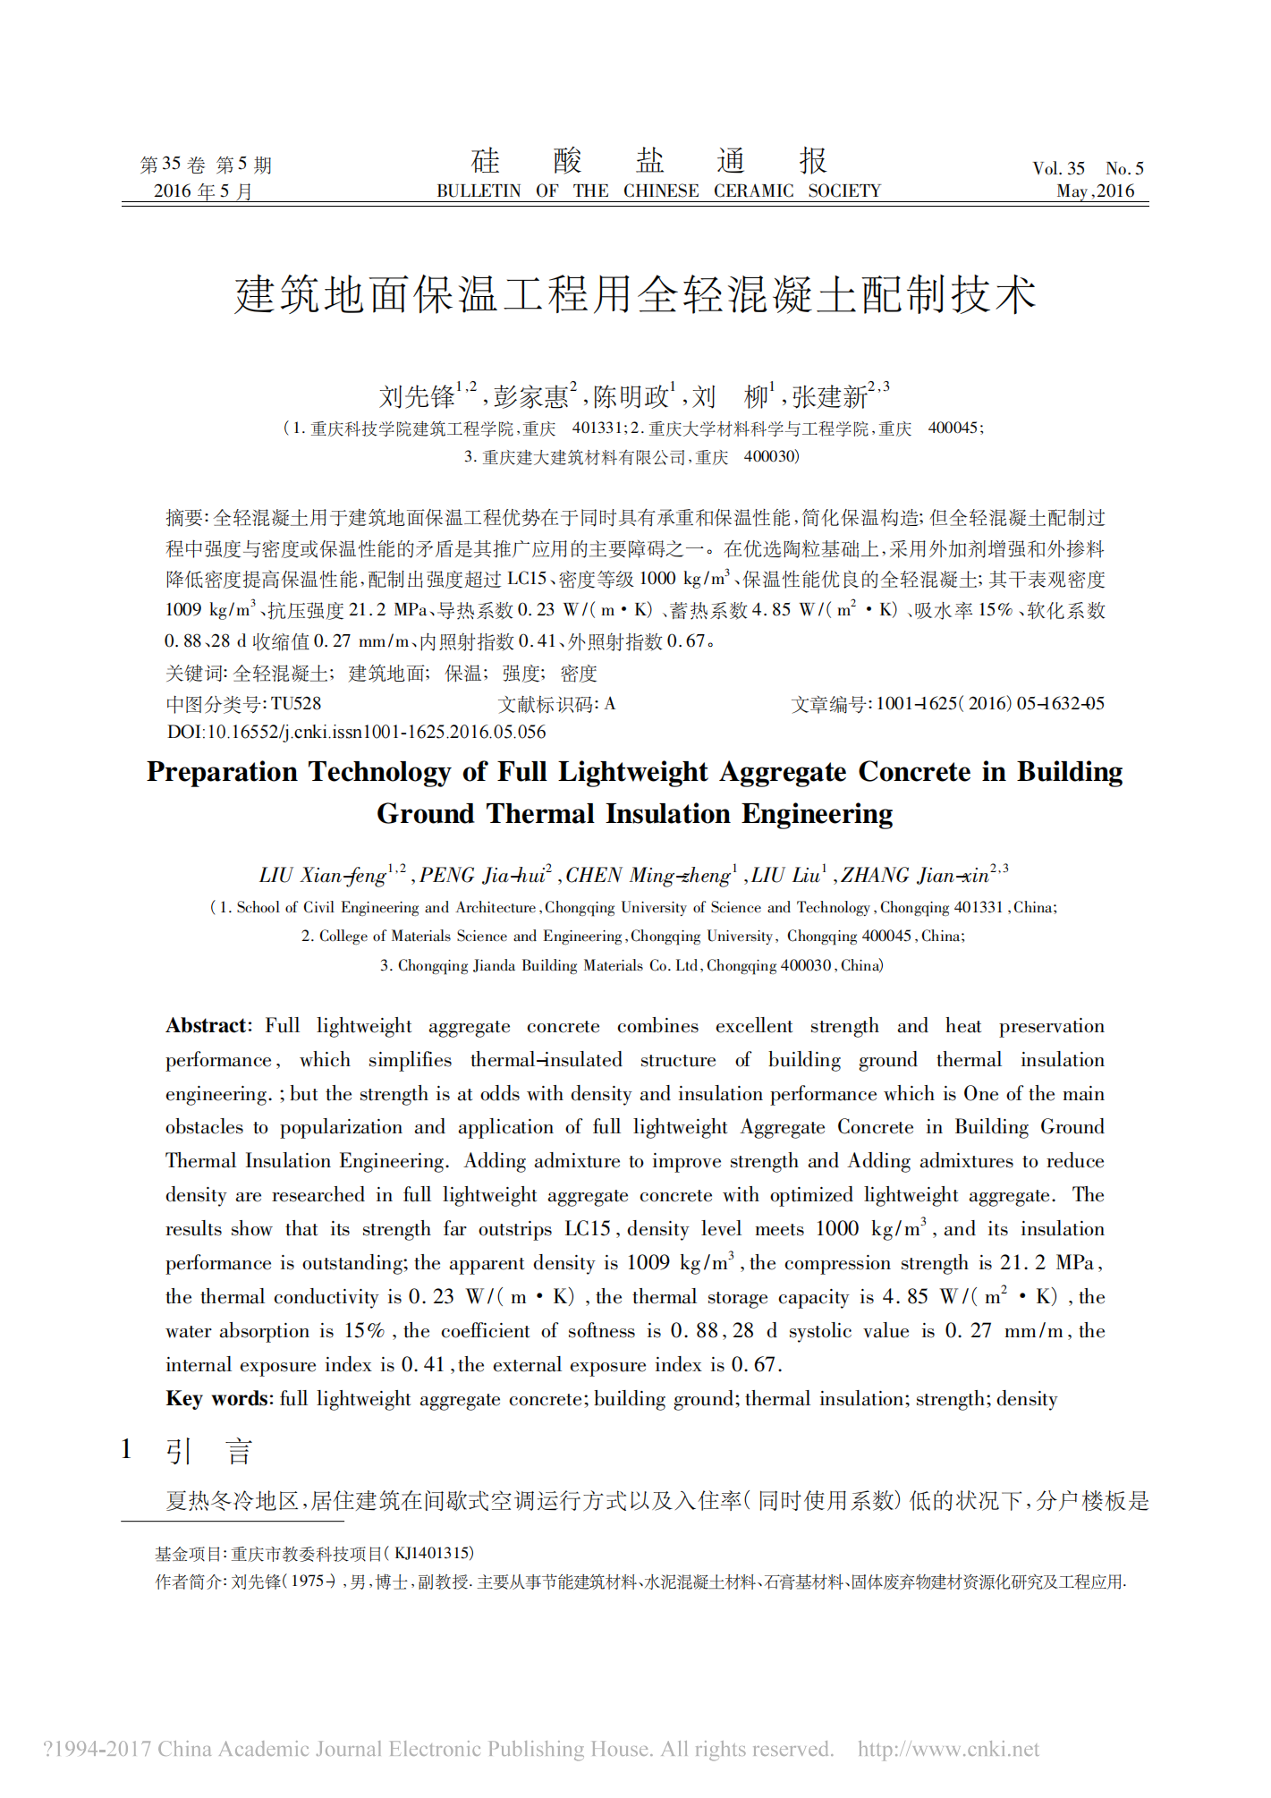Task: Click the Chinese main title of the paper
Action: (635, 294)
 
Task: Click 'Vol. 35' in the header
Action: (1058, 168)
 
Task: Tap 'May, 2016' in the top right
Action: (1095, 191)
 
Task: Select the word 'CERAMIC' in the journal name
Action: (753, 191)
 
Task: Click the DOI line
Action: (356, 732)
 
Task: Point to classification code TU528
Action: (296, 704)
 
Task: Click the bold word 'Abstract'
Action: (208, 1026)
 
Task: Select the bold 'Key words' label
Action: (218, 1399)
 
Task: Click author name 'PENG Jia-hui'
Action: (483, 875)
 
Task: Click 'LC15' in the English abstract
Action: (587, 1229)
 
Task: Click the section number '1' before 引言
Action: (127, 1449)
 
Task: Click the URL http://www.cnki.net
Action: (948, 1749)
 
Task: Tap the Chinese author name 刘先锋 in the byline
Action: (418, 396)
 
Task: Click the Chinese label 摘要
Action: (185, 518)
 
